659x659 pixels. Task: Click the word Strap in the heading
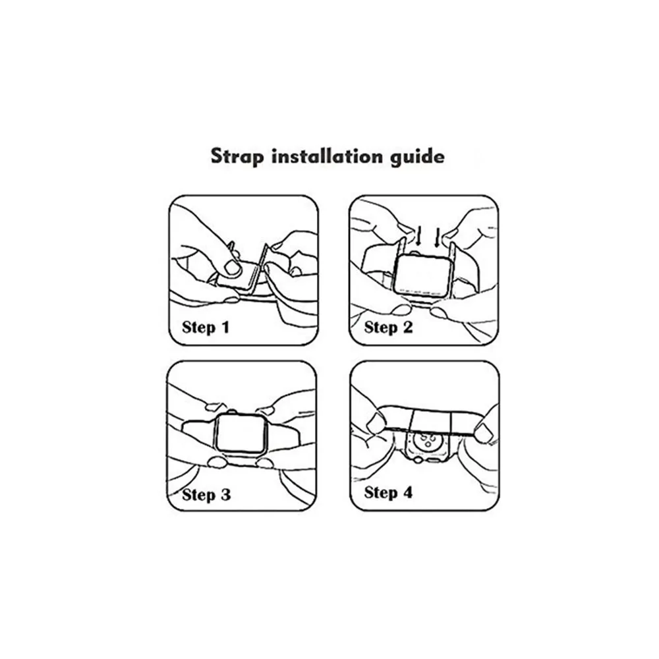(x=237, y=157)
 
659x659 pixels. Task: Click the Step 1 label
(x=206, y=327)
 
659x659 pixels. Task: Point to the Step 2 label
(x=388, y=327)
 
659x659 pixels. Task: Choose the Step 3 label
(x=206, y=494)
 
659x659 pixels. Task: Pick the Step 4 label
(x=388, y=492)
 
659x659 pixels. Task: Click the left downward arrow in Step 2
(x=418, y=237)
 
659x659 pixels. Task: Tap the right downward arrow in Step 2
(x=437, y=237)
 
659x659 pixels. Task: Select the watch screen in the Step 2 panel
(x=423, y=275)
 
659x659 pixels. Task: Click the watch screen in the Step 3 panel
(x=241, y=434)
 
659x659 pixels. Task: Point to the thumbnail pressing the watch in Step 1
(x=233, y=267)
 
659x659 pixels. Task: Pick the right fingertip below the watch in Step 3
(x=265, y=463)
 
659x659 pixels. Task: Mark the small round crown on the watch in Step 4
(x=418, y=461)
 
